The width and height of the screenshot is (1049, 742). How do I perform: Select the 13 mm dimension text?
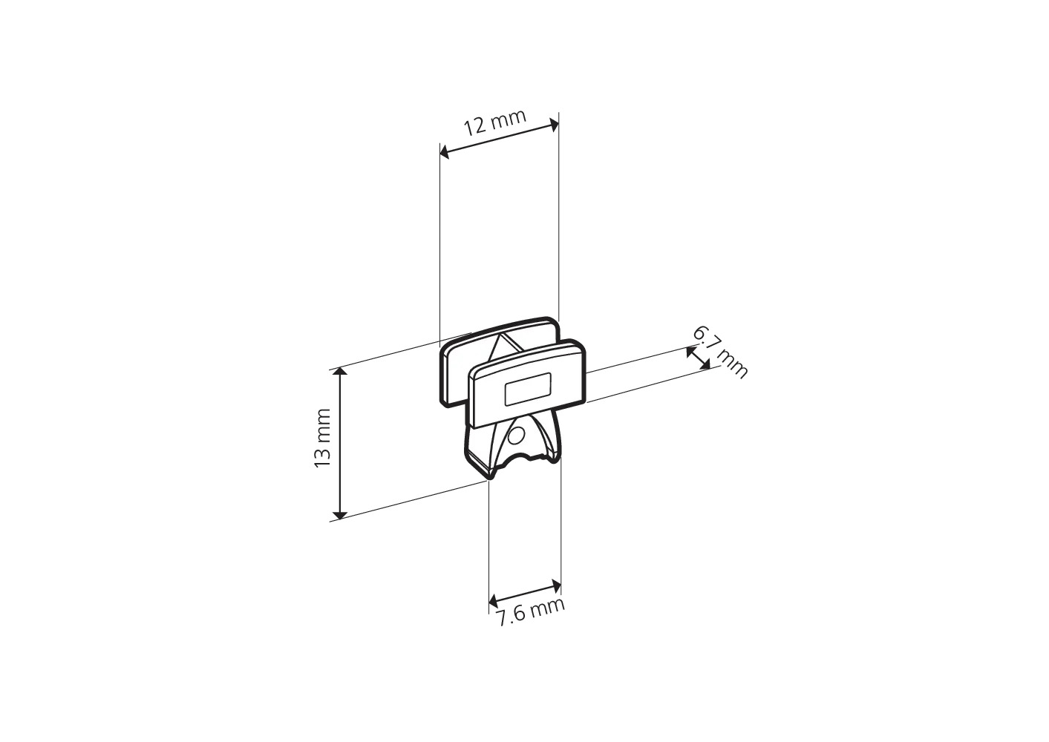click(x=322, y=438)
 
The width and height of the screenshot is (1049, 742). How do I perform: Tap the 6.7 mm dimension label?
click(x=720, y=352)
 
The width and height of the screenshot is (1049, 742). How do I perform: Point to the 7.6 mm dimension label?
click(x=531, y=613)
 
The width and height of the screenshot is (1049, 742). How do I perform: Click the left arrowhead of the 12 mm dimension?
click(x=445, y=153)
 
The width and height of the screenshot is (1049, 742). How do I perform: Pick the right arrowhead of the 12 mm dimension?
click(x=554, y=125)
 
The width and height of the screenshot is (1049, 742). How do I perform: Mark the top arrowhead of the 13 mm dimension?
click(x=341, y=372)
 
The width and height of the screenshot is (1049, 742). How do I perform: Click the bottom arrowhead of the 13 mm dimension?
click(x=341, y=515)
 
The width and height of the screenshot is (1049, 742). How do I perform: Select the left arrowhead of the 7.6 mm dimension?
click(x=494, y=600)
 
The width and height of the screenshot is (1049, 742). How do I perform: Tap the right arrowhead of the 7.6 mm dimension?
click(x=556, y=585)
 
